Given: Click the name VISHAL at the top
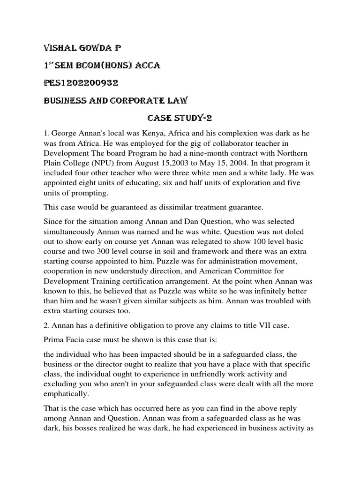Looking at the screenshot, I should click(x=60, y=48).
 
